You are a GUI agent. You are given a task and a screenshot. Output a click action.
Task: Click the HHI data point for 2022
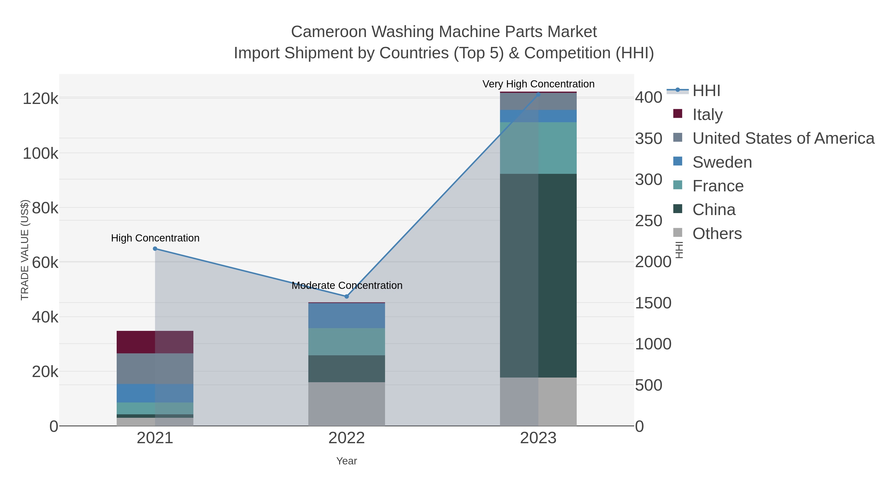[347, 296]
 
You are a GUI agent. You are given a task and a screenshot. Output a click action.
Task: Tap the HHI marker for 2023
[538, 94]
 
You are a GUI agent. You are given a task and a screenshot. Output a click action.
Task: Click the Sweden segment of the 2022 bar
[347, 315]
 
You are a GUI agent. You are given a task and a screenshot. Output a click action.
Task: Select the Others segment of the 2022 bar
[347, 404]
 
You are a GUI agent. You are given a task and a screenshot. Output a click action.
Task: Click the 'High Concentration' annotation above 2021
[155, 238]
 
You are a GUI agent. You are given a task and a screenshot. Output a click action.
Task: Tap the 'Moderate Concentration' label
[347, 285]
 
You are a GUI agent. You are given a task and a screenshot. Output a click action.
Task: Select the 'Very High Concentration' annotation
[538, 84]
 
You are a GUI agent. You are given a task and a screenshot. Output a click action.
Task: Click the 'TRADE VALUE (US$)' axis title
[25, 250]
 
